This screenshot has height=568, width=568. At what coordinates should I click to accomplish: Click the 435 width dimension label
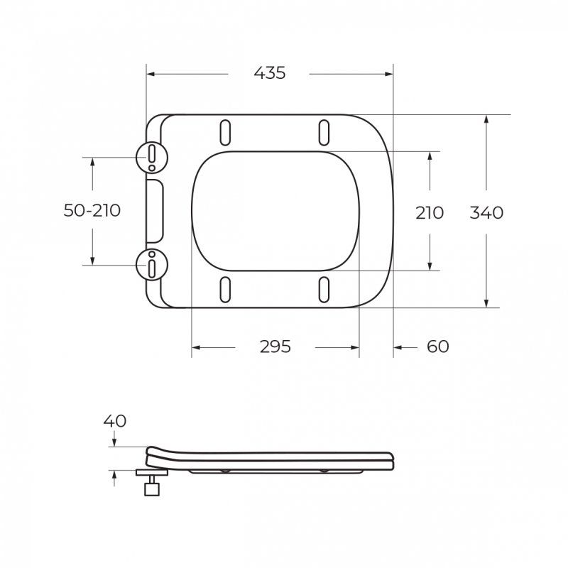pos(270,73)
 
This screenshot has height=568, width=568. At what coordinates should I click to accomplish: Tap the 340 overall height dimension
pos(486,212)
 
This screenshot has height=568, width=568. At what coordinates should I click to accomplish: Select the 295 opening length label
pos(275,346)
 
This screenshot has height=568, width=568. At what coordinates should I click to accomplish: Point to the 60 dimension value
pos(437,346)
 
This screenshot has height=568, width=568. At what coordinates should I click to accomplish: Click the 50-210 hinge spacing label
pos(92,210)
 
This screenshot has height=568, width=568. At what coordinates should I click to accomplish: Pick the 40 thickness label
pos(115,421)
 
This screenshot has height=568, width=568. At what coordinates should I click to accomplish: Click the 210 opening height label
pos(430,212)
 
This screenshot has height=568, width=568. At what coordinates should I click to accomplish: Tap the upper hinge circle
pos(152,158)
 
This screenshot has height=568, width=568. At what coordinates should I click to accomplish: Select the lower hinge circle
pos(152,264)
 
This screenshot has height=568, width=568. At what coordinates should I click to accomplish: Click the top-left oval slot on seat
pos(225,133)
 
